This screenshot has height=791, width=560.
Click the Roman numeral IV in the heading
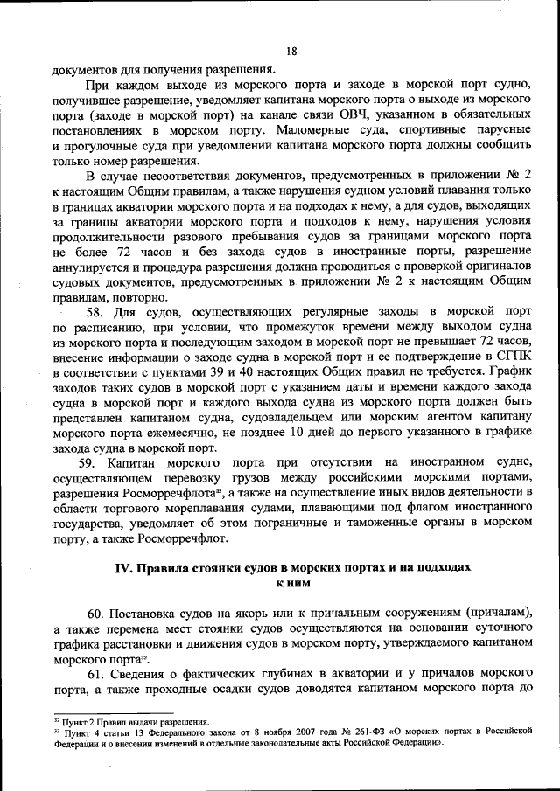124,568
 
